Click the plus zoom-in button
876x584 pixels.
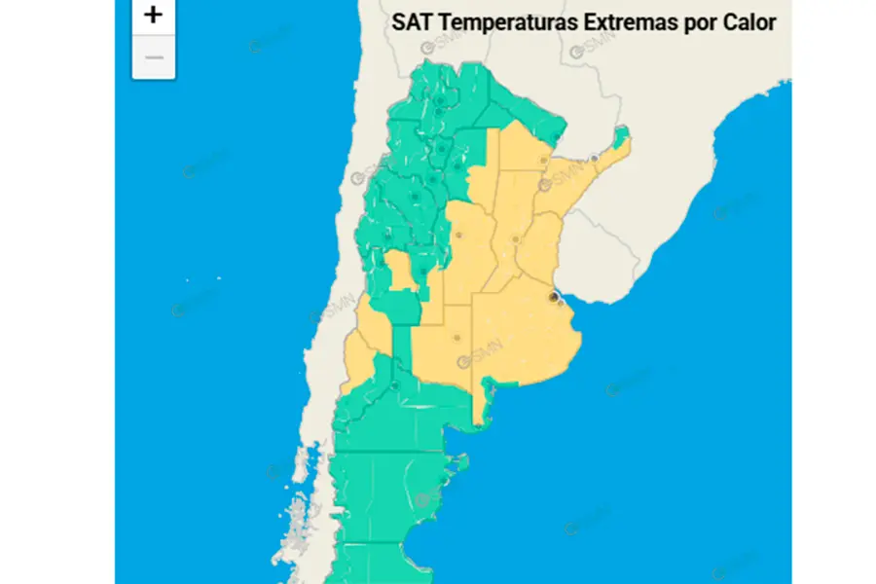[154, 15]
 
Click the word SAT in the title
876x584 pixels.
[411, 22]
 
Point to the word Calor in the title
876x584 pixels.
[749, 22]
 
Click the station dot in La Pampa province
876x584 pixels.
[456, 338]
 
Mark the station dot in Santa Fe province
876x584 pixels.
[516, 238]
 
